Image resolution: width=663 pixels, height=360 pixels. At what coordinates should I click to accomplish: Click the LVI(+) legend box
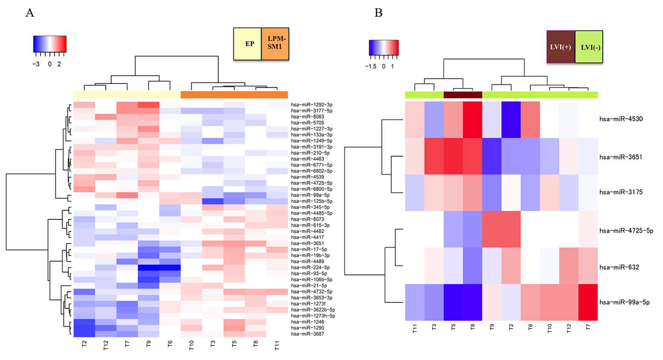[x=561, y=47]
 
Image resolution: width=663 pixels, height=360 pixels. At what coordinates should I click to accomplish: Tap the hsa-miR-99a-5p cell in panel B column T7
[x=588, y=302]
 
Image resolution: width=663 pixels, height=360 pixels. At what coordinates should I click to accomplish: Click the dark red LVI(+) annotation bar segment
[x=463, y=95]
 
